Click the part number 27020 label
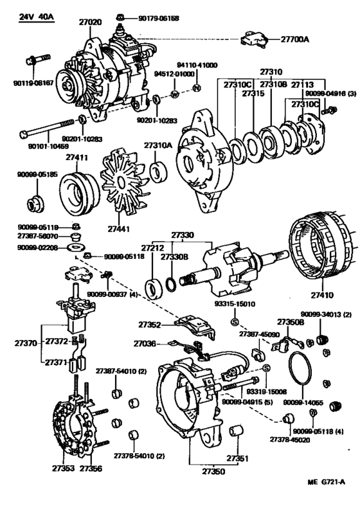pyautogui.click(x=90, y=21)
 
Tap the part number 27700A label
pyautogui.click(x=294, y=39)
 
